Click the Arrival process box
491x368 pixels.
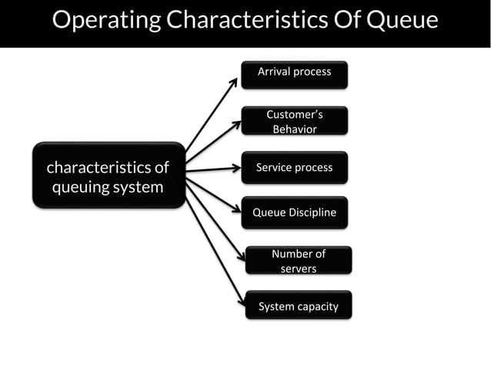pyautogui.click(x=294, y=72)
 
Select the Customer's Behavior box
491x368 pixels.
pyautogui.click(x=294, y=122)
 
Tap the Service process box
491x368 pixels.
pyautogui.click(x=294, y=167)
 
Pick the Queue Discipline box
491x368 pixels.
pyautogui.click(x=294, y=212)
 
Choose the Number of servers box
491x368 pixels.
pyautogui.click(x=298, y=260)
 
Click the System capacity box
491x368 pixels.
pyautogui.click(x=298, y=306)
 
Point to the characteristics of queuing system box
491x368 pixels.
pyautogui.click(x=108, y=176)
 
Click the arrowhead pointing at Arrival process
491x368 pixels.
pyautogui.click(x=234, y=80)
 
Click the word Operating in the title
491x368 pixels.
pyautogui.click(x=105, y=20)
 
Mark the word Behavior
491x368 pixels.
pyautogui.click(x=295, y=129)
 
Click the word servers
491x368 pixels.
pyautogui.click(x=298, y=268)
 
